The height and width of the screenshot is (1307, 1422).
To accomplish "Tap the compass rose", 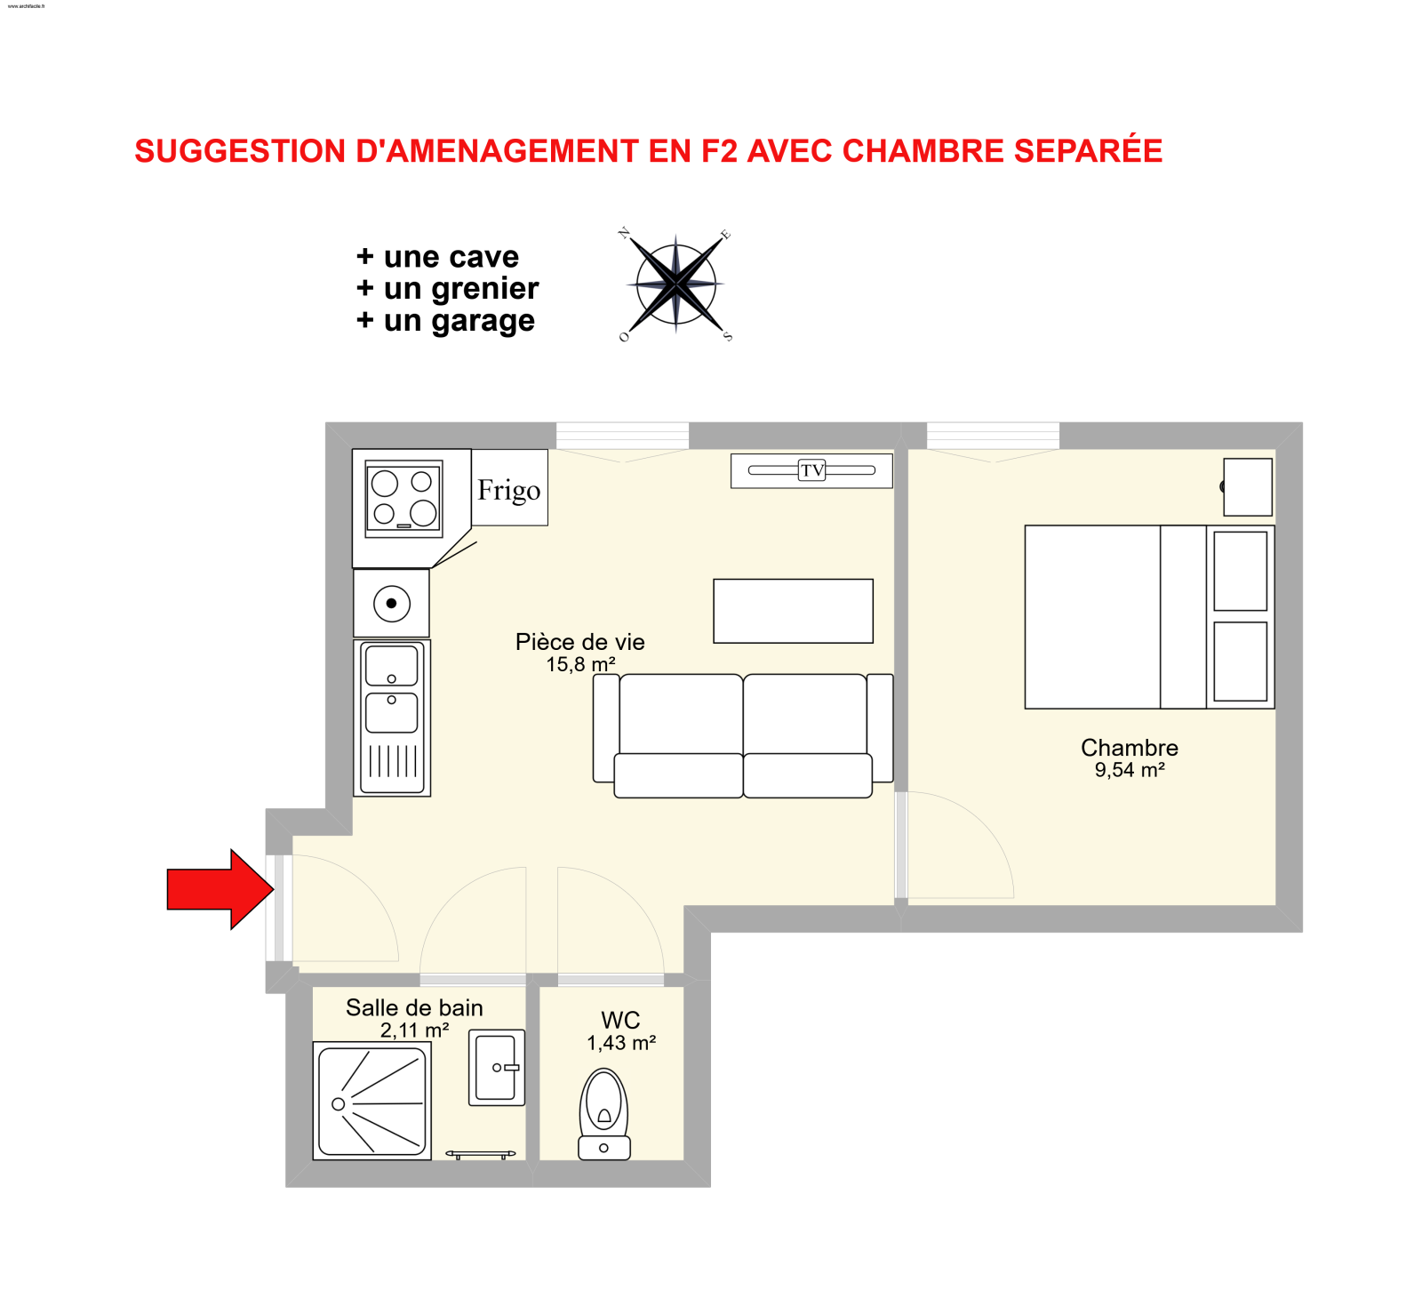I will point(675,285).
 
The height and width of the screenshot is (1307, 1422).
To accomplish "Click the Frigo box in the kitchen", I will point(509,489).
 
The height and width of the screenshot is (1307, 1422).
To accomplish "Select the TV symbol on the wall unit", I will point(811,470).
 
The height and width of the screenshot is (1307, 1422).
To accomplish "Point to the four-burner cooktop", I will point(403,498).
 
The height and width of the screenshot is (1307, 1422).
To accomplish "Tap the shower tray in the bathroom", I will point(372,1101).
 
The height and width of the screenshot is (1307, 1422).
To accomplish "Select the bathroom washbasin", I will point(496,1067).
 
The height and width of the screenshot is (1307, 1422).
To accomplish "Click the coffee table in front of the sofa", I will point(793,611).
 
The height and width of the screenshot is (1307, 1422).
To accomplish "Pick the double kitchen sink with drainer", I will point(392,717).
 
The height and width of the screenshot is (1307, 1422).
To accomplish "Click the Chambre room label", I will point(1129,748).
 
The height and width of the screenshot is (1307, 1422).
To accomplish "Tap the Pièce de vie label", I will point(579,642).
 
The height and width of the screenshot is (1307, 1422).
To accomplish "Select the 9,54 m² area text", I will point(1129,770).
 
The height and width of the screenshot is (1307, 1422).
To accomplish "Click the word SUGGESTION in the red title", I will point(239,151).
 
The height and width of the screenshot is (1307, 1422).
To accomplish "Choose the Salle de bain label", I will point(414,1007).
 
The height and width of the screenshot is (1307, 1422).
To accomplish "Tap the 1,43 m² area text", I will point(620,1043).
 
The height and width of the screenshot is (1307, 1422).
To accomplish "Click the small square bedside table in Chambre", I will point(1247,486).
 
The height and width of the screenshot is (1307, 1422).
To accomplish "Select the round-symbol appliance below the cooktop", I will point(391,604).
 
